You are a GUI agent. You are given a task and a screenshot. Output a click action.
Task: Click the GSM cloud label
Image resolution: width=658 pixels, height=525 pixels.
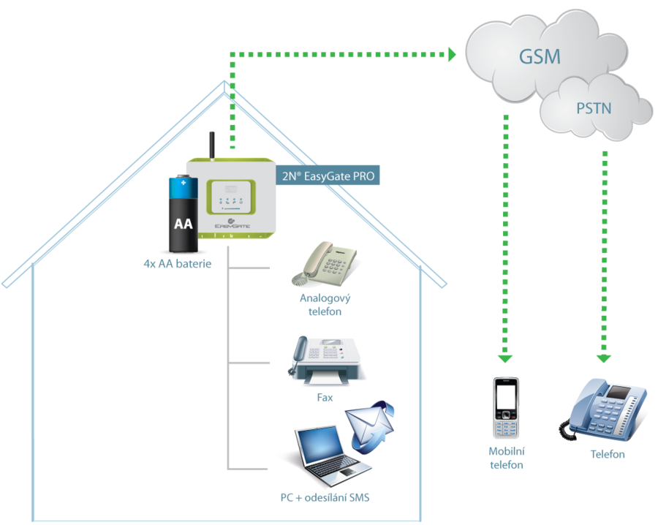540,57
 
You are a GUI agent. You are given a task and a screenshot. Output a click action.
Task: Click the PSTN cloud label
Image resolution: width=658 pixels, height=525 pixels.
594,108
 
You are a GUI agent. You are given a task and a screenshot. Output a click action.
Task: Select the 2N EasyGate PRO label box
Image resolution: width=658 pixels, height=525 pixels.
328,176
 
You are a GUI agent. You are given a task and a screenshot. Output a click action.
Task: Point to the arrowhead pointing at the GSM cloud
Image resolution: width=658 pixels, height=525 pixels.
451,54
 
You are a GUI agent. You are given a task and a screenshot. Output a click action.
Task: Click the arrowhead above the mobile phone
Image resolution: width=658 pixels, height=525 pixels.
505,358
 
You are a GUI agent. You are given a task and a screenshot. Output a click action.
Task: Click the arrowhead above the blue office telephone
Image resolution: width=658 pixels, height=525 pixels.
603,358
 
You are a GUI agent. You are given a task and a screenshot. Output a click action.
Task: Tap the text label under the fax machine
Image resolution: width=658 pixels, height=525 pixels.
325,397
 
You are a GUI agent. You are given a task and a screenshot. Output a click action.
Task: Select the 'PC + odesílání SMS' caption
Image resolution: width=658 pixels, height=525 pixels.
325,499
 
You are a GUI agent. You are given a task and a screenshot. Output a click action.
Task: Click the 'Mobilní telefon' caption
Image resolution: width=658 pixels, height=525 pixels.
506,458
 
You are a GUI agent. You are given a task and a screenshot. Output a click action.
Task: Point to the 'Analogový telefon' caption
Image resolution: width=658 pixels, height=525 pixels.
325,305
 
